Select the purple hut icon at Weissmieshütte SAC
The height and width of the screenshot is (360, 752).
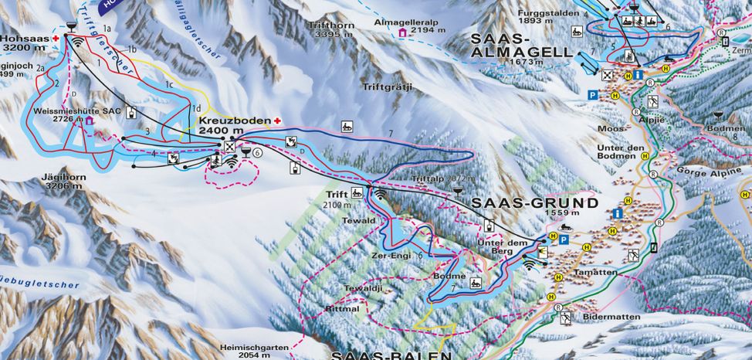tap(90, 121)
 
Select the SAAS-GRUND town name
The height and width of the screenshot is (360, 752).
tap(534, 203)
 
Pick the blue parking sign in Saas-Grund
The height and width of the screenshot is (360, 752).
tap(564, 240)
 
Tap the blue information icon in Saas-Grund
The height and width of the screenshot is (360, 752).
tap(617, 213)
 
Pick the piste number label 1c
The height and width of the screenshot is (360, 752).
tap(168, 83)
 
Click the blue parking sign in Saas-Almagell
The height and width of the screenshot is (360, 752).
tap(593, 94)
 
